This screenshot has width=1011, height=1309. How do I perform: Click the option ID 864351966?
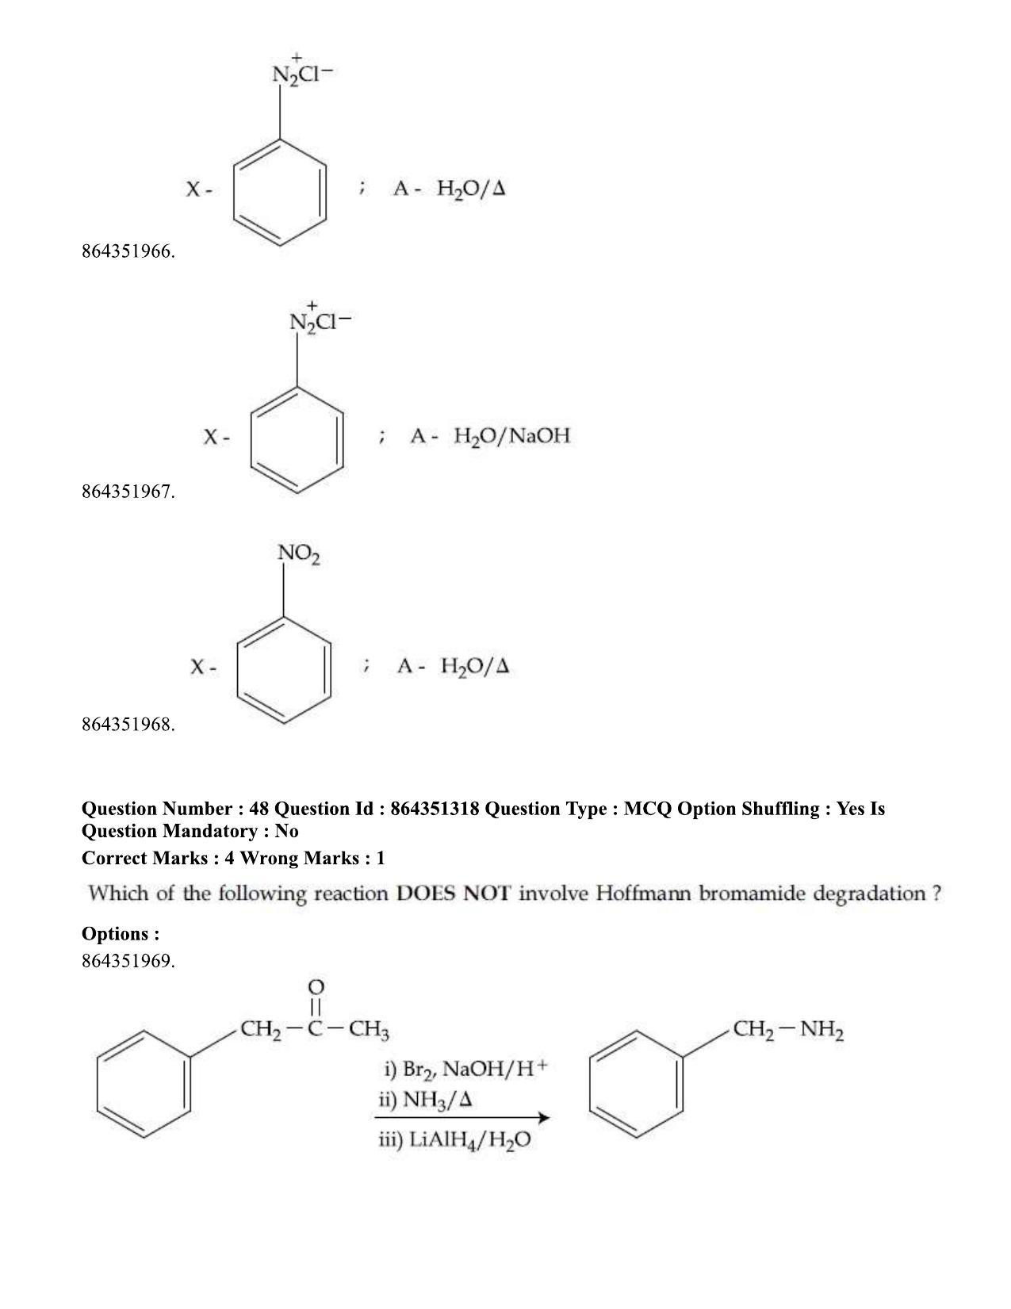pos(128,251)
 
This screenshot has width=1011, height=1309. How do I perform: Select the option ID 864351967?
pos(128,492)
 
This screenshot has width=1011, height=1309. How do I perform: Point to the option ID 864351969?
pos(128,960)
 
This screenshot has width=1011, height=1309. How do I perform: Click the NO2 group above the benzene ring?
pos(299,553)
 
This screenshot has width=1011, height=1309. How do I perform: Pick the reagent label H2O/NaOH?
pos(511,435)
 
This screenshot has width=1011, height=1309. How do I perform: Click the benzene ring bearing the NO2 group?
pos(284,670)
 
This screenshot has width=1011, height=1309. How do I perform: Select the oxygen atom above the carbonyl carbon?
pos(316,987)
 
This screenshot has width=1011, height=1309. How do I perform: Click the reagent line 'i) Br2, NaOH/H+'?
pos(465,1069)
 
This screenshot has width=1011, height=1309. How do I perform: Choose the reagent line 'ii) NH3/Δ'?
pos(425,1100)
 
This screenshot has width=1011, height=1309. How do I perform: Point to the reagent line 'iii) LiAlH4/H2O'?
pos(455,1140)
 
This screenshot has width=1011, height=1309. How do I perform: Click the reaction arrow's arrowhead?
pos(543,1118)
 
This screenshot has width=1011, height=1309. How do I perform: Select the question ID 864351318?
pos(435,809)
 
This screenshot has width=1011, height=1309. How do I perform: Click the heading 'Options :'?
pos(121,934)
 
